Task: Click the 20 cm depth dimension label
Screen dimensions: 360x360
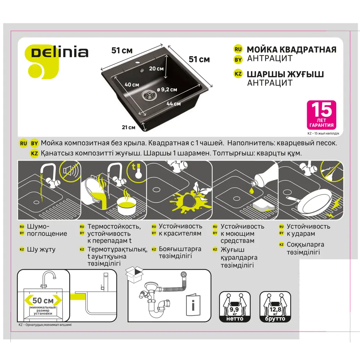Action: (x=156, y=68)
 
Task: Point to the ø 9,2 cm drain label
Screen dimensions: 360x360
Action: (x=167, y=90)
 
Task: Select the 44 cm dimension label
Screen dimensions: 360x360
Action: (x=174, y=104)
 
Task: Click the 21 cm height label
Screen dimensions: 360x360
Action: (x=129, y=127)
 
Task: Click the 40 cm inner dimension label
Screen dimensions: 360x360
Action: (x=132, y=85)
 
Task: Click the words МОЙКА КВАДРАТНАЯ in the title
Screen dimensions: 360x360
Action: (x=291, y=50)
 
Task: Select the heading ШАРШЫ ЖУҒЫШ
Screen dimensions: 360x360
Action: (x=285, y=74)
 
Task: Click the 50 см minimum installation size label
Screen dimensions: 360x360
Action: (x=42, y=300)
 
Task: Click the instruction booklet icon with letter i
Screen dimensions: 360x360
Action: (x=194, y=303)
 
